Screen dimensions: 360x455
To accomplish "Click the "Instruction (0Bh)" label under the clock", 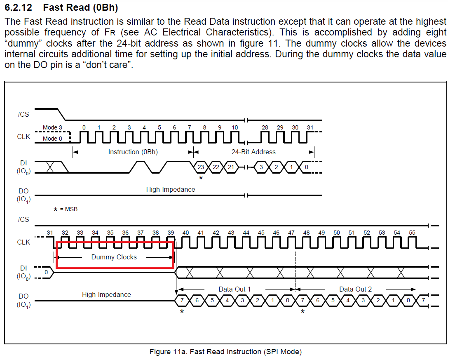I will [133, 152].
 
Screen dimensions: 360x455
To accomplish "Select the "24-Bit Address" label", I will [253, 152].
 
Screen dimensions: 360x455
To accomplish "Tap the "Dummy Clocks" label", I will [114, 257].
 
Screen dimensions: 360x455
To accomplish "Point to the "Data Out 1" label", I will [235, 289].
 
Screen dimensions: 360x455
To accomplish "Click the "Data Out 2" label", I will [355, 289].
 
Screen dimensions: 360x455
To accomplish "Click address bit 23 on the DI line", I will [201, 167].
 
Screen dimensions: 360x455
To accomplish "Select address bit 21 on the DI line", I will [231, 167].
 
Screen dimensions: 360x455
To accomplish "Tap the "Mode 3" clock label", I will [53, 128].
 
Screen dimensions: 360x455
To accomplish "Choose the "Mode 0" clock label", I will [53, 139].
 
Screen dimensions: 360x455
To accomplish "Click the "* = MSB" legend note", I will [66, 209].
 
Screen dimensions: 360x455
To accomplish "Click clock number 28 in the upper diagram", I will [265, 127].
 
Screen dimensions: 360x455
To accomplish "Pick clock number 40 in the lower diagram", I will [185, 233].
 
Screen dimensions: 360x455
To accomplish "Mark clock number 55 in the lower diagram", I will [412, 233].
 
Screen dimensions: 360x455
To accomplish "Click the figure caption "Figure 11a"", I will [225, 352].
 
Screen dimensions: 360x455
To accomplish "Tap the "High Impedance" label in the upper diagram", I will [171, 190].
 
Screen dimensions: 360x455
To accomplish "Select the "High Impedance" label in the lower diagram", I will [106, 295].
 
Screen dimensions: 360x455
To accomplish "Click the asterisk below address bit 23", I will [201, 178].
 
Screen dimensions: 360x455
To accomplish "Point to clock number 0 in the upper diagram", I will [84, 127].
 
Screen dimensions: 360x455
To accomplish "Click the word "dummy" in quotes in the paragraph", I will [20, 43].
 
